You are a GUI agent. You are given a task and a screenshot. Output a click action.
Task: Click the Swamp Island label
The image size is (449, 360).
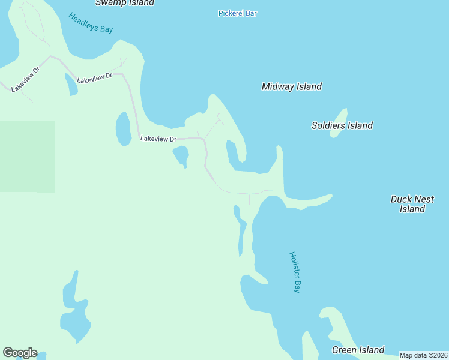click(x=125, y=2)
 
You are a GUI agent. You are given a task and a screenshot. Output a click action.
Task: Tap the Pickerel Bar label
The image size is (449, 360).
click(x=237, y=13)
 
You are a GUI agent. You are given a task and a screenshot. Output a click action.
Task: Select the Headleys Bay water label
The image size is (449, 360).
click(x=91, y=23)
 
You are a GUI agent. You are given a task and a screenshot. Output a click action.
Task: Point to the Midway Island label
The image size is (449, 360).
click(x=292, y=86)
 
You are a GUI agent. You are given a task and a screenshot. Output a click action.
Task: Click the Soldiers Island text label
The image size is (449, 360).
click(x=342, y=125)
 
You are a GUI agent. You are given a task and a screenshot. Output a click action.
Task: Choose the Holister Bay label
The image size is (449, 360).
click(x=295, y=272)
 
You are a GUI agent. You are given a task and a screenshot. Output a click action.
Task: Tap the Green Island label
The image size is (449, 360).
click(x=358, y=350)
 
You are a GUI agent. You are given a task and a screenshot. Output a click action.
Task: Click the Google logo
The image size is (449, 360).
click(x=20, y=353)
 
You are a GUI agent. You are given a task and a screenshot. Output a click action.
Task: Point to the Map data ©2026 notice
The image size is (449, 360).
click(x=423, y=355)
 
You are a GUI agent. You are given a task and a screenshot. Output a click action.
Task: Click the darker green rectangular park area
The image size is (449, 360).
click(x=27, y=156)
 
